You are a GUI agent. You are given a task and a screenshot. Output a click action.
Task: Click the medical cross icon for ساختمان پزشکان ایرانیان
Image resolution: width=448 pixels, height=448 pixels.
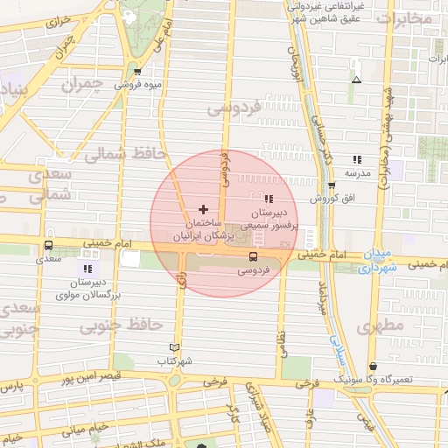tap(204, 209)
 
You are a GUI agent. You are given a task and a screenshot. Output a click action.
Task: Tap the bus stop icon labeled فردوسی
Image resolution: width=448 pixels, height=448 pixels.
tap(253, 256)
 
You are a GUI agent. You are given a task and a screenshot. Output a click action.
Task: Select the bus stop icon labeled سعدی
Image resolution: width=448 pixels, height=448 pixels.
tap(47, 245)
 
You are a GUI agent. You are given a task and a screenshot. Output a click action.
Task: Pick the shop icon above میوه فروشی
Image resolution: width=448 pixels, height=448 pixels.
tap(137, 71)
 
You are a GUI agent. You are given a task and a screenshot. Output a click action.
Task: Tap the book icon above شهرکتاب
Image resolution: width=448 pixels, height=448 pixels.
tap(174, 347)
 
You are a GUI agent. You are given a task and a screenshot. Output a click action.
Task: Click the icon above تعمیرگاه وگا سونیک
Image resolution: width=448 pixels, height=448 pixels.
tap(374, 366)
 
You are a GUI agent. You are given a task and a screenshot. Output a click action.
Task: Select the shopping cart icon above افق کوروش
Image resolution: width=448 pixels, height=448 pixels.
tap(332, 185)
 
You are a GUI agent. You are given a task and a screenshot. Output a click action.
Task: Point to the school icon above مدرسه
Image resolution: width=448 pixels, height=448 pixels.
tap(357, 159)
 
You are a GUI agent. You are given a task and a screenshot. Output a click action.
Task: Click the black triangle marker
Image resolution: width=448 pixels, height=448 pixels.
tap(355, 80)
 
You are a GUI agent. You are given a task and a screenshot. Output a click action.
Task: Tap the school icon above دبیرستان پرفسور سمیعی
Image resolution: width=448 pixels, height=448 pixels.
tap(268, 198)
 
